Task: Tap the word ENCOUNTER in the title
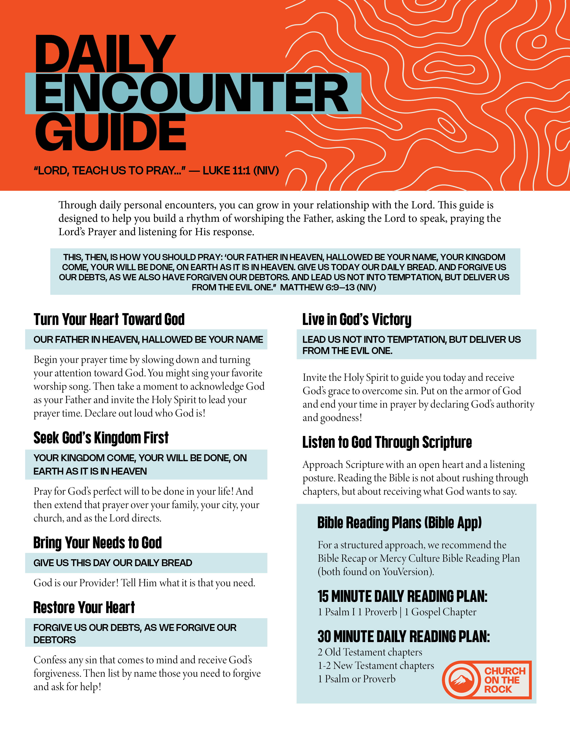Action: click(192, 94)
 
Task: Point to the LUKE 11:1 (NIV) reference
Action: click(241, 171)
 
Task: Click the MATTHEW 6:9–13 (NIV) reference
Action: click(328, 287)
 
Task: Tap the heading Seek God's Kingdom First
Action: click(101, 438)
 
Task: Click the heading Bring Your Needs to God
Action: click(98, 543)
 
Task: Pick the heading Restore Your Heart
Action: click(84, 607)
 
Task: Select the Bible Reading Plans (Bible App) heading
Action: click(399, 523)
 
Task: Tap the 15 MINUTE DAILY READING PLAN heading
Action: click(402, 596)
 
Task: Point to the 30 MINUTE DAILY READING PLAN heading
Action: click(403, 636)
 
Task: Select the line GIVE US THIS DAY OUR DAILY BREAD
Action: click(113, 563)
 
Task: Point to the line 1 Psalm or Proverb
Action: click(357, 679)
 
